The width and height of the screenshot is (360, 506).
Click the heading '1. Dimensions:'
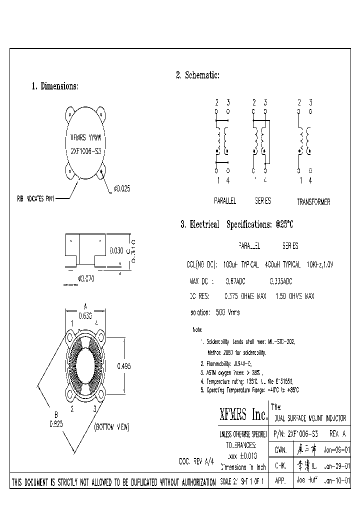coord(55,86)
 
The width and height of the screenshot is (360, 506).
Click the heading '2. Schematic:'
coord(197,75)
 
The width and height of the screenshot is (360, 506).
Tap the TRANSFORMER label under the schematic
coord(313,202)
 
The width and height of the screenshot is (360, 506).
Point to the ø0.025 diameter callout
coord(122,188)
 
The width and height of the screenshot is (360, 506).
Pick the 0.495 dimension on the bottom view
coord(123,366)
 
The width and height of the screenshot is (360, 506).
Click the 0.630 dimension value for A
coord(85,315)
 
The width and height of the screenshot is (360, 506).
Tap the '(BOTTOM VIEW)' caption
coord(111,427)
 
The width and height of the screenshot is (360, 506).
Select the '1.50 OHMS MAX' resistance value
coord(294,296)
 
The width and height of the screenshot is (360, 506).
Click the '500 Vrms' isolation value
coord(227,312)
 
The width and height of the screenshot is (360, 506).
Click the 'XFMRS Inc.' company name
coord(243,414)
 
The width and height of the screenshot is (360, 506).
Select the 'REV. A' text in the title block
coord(336,433)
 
